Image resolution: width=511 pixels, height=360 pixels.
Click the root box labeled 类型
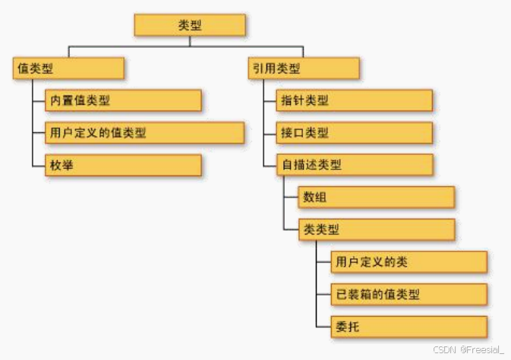pos(190,24)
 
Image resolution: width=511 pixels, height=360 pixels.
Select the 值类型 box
pos(68,68)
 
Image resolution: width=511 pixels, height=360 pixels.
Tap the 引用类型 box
pos(302,68)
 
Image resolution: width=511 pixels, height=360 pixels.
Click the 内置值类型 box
pos(122,100)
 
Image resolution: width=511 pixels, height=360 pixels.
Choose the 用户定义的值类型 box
pos(144,133)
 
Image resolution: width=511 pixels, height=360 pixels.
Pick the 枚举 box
pos(122,166)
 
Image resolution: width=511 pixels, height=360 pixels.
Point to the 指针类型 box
pos(354,100)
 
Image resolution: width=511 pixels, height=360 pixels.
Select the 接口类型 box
pos(354,133)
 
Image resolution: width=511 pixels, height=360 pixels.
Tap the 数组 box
pos(376,197)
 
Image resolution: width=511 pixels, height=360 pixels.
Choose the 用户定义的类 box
pos(408,262)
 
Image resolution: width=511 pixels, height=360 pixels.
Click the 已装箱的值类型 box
pos(408,294)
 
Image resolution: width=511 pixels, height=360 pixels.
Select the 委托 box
pos(408,327)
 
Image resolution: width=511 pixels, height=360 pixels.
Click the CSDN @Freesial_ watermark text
pos(468,349)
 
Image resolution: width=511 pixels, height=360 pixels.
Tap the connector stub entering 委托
pos(323,327)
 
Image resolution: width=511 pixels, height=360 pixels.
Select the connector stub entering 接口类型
pos(270,133)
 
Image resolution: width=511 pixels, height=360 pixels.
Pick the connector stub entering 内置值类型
pos(39,100)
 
